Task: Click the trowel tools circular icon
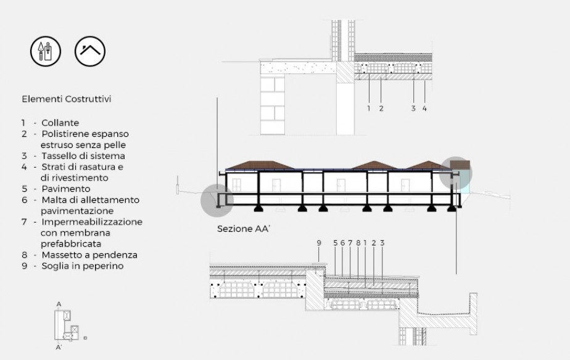[x=46, y=51]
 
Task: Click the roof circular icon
[x=90, y=51]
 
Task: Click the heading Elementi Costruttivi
[x=67, y=99]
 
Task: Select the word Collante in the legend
[x=60, y=123]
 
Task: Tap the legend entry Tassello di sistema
[x=83, y=156]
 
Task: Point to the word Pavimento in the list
[x=66, y=189]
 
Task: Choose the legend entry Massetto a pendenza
[x=89, y=255]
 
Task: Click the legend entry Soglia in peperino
[x=83, y=266]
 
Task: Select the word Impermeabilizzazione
[x=92, y=222]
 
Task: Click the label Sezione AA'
[x=244, y=229]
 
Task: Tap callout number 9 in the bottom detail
[x=319, y=243]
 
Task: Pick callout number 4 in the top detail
[x=424, y=108]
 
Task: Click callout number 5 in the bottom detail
[x=335, y=243]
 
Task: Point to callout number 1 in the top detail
[x=369, y=108]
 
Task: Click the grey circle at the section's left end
[x=217, y=200]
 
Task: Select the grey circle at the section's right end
[x=455, y=173]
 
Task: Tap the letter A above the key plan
[x=59, y=305]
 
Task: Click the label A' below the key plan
[x=59, y=348]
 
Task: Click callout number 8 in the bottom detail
[x=358, y=243]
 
